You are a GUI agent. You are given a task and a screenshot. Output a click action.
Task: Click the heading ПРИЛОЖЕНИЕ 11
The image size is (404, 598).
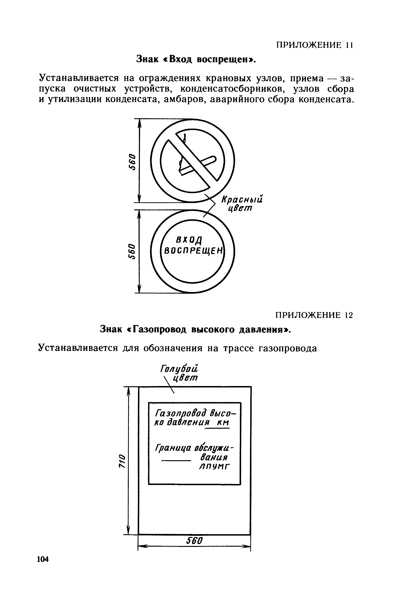click(314, 45)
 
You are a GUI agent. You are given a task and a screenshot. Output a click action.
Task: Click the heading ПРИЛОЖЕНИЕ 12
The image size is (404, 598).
click(314, 315)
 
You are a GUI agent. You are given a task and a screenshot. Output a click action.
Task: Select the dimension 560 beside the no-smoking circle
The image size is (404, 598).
click(132, 162)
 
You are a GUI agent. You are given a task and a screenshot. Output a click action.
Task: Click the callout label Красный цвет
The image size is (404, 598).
click(242, 203)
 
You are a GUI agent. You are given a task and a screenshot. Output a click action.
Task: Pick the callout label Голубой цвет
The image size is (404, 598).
click(179, 373)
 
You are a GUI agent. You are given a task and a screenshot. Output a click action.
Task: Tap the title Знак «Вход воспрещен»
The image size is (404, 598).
click(196, 59)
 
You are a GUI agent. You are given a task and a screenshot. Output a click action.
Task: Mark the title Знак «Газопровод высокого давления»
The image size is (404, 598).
click(195, 329)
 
